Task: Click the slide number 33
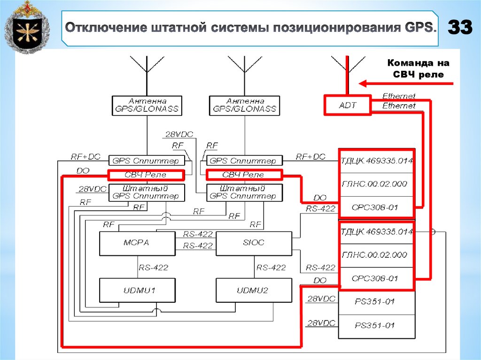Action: point(460,28)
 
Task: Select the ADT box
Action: point(347,106)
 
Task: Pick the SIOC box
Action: point(254,243)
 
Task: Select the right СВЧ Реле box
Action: point(243,175)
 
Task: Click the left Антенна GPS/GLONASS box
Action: point(147,105)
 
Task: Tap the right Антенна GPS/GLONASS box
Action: point(244,105)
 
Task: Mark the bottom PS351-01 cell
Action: point(377,325)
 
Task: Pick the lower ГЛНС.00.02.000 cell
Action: point(377,255)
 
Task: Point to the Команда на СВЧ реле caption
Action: point(418,69)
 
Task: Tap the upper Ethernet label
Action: point(399,96)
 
